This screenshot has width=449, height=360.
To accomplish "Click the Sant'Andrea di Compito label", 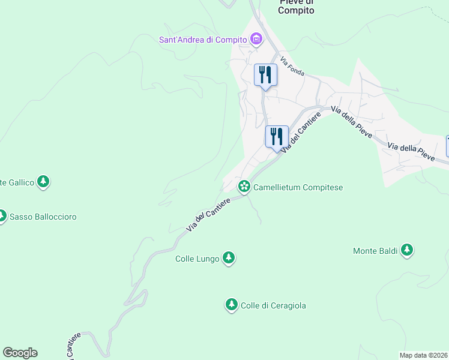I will pos(203,40).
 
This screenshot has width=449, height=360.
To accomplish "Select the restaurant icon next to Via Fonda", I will pos(265,75).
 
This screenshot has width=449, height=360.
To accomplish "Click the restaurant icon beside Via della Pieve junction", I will pos(277,136).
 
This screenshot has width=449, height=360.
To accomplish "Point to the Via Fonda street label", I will pos(292,68).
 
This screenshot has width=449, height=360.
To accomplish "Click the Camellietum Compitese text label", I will pos(298,187).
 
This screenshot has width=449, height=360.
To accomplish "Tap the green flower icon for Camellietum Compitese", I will pos(244,187).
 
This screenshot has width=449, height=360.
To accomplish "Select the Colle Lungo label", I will pos(197,259).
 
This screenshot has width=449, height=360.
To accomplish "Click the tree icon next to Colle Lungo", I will pos(229,258).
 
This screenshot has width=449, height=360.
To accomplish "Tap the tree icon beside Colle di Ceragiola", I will pos(231,305).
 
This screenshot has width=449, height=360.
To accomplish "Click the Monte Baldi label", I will pos(375,251).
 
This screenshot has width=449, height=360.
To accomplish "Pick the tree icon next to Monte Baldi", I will pos(407,250).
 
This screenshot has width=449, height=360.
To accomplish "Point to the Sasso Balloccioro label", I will pos(43,217).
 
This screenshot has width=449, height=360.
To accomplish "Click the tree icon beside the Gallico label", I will pos(43,181).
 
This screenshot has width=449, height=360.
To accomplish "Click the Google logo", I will pos(20,353).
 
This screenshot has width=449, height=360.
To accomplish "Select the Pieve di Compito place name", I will pos(297,7).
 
